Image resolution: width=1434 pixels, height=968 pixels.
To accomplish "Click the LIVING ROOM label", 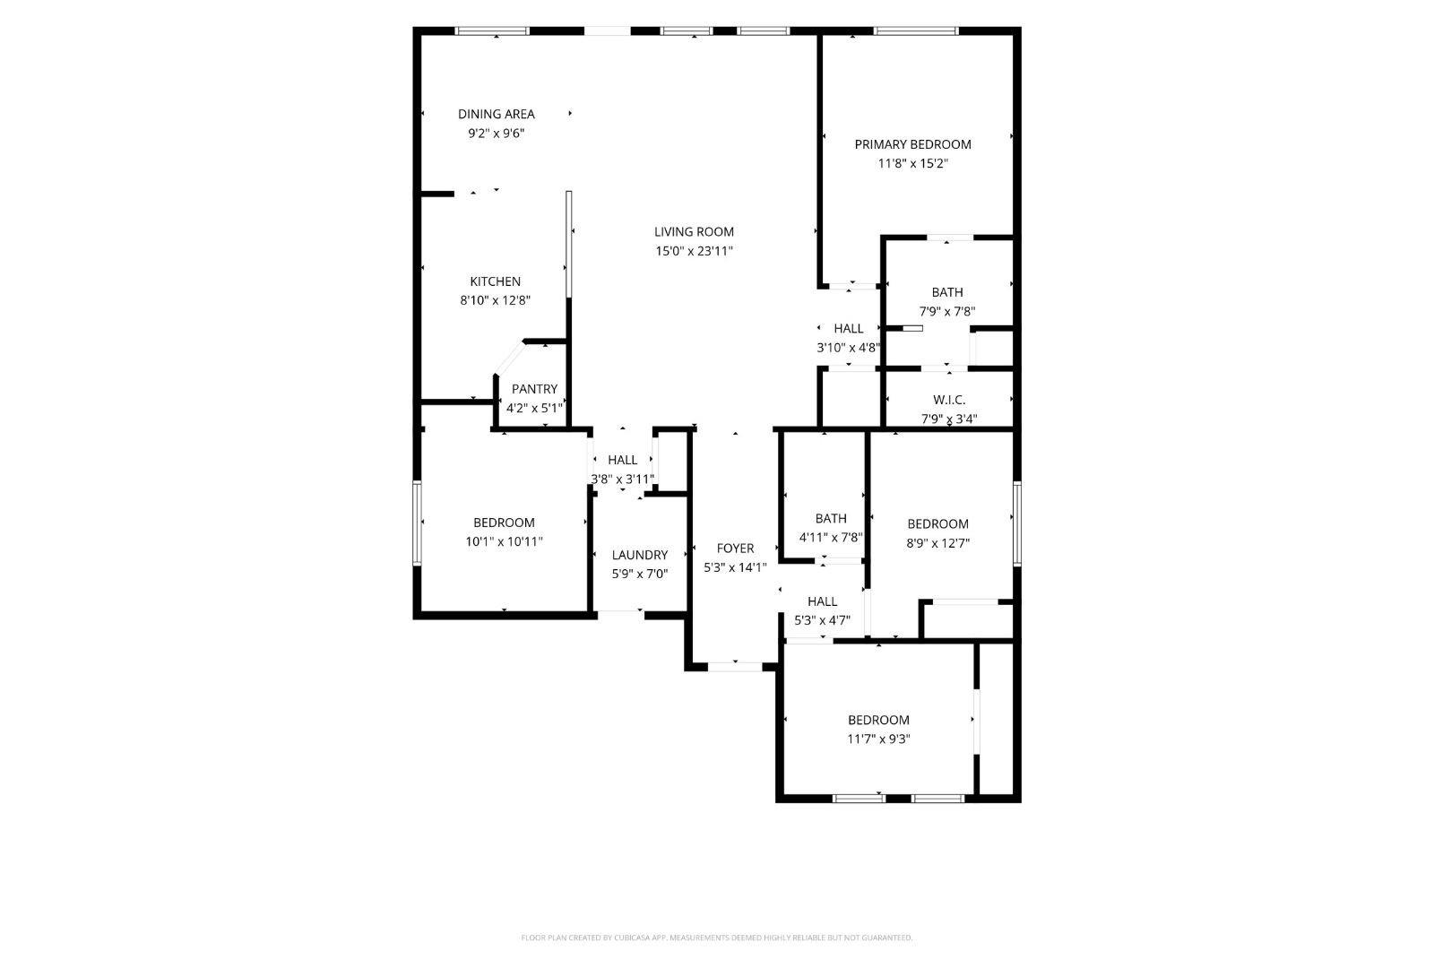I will tap(694, 231).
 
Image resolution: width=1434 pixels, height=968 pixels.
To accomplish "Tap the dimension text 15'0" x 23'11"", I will tap(694, 252).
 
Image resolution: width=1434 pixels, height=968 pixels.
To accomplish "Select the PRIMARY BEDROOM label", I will tap(912, 144).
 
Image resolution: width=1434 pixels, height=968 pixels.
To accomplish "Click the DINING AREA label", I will tap(496, 114).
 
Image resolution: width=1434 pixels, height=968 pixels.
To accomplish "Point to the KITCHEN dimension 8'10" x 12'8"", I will tap(495, 301).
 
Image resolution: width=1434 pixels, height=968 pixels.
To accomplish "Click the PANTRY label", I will tap(534, 389).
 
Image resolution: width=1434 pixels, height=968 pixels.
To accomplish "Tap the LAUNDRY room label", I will tap(639, 555).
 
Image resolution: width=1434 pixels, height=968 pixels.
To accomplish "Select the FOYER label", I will tap(735, 549).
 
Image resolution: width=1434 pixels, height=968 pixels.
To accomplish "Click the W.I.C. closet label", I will tap(948, 400).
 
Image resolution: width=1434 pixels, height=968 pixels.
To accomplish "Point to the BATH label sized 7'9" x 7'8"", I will tap(946, 292).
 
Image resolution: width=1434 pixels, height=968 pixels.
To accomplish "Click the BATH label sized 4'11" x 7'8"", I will tap(830, 518).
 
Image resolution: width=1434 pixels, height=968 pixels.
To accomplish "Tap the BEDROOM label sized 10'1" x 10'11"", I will tap(504, 523).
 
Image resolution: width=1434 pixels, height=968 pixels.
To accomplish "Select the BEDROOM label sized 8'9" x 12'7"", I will tap(937, 524).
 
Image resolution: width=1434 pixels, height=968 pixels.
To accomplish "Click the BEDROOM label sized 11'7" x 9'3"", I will tap(878, 720).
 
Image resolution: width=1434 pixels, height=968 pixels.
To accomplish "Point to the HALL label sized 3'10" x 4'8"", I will tap(848, 329).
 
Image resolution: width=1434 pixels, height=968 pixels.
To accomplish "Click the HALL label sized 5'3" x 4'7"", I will tap(822, 601).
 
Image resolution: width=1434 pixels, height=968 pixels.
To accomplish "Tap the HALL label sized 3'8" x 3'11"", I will tap(622, 460).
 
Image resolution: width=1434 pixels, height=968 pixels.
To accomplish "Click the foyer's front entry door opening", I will tap(735, 666).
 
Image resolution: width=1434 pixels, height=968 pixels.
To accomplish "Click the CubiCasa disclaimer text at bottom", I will tap(716, 938).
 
